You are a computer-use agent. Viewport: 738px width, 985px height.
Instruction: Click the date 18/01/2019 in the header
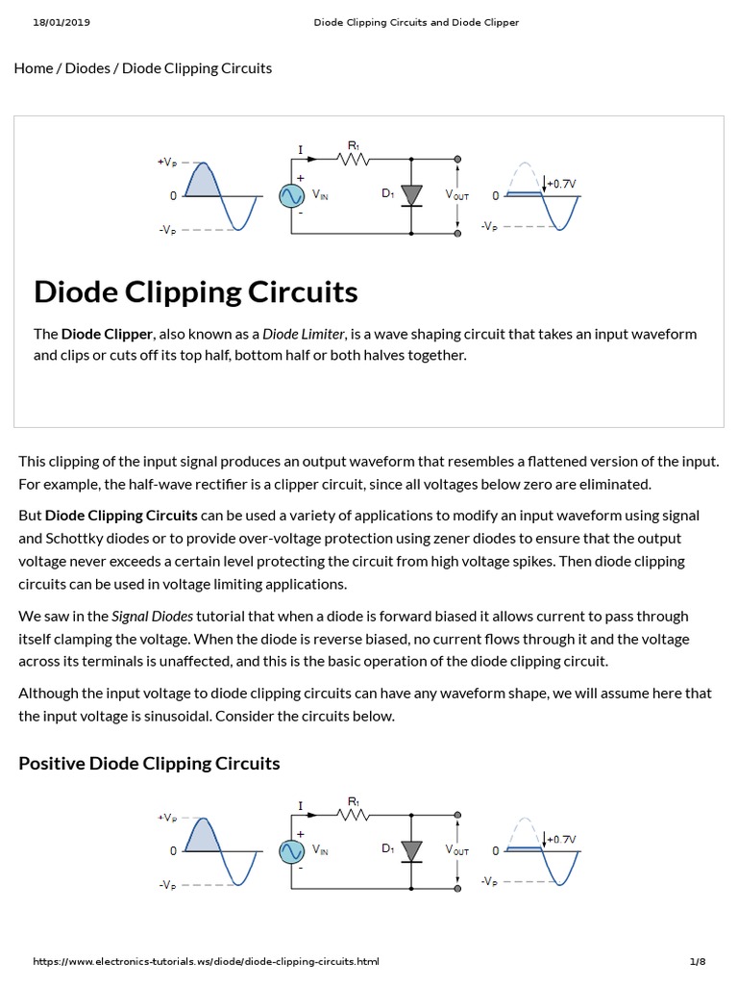[x=56, y=22]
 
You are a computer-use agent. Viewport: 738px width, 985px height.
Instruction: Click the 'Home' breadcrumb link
[x=34, y=68]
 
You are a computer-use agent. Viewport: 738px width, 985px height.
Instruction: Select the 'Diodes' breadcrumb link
[x=87, y=68]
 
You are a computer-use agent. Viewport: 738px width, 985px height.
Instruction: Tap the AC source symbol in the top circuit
[x=291, y=196]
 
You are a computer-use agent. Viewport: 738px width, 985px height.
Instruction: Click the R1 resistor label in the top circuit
[x=353, y=146]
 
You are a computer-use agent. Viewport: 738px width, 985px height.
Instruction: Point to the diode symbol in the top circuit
[x=411, y=195]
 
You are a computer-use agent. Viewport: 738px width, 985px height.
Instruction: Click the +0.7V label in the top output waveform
[x=562, y=183]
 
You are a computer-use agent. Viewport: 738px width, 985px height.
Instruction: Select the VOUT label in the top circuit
[x=457, y=195]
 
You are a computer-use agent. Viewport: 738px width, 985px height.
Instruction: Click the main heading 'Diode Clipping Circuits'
[x=196, y=291]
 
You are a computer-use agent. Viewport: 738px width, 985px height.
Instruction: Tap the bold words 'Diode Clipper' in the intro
[x=107, y=334]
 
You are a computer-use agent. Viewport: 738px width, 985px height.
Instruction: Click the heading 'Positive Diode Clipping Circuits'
[x=150, y=764]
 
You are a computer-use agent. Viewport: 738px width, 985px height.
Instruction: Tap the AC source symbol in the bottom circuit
[x=291, y=851]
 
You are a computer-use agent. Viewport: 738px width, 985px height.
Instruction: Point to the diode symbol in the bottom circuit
[x=411, y=850]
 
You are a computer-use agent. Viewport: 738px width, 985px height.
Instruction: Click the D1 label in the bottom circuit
[x=387, y=849]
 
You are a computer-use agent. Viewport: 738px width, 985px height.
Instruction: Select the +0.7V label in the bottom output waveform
[x=562, y=839]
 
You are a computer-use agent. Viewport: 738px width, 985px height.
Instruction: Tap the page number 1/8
[x=698, y=961]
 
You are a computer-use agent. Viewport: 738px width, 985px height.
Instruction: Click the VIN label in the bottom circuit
[x=320, y=850]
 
